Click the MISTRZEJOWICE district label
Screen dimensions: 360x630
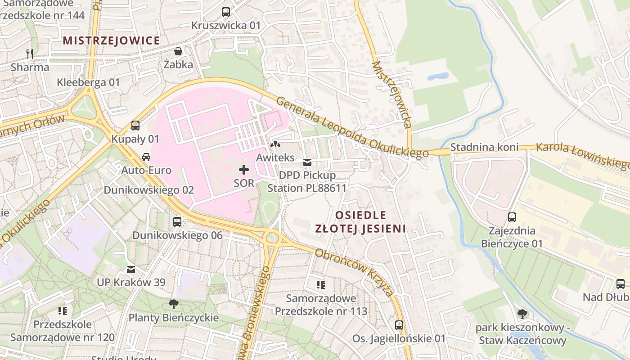(x=111, y=40)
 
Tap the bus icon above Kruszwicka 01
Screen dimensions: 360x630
(x=226, y=12)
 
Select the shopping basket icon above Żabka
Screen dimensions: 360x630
(x=178, y=51)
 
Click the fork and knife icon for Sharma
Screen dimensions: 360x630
(x=30, y=54)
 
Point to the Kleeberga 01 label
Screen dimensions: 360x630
(x=88, y=82)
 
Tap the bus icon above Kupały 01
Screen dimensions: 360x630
(x=135, y=126)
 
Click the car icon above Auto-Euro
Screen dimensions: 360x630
(x=146, y=157)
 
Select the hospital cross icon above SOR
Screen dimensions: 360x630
(x=244, y=170)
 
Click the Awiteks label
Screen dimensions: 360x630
(x=275, y=157)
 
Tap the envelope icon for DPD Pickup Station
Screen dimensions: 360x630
(x=307, y=162)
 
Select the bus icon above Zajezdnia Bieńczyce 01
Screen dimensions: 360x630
(x=512, y=217)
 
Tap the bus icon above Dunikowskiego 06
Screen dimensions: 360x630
(x=177, y=221)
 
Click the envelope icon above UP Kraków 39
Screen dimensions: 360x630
(x=131, y=269)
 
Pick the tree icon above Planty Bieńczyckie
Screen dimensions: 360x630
(x=173, y=304)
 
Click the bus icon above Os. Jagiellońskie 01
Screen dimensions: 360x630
(x=399, y=325)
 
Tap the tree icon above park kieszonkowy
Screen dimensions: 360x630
(x=522, y=314)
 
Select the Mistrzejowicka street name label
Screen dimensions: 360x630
(x=392, y=94)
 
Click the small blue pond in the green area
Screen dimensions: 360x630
(x=438, y=76)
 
